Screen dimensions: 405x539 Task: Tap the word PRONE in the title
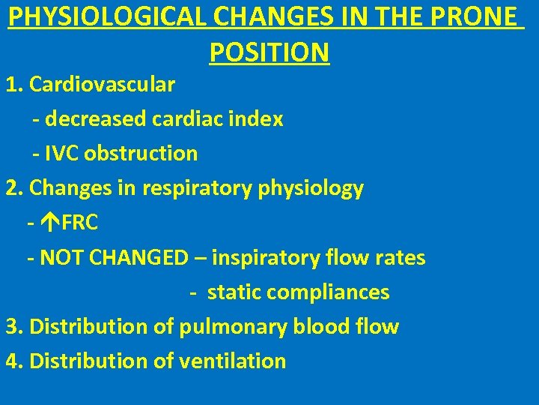pos(480,16)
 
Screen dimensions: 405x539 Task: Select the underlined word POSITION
pos(269,52)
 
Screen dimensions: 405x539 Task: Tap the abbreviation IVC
pos(64,154)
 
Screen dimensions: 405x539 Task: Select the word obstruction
pos(141,154)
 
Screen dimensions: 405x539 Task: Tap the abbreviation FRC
pos(80,223)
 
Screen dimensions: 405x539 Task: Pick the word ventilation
pos(233,361)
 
